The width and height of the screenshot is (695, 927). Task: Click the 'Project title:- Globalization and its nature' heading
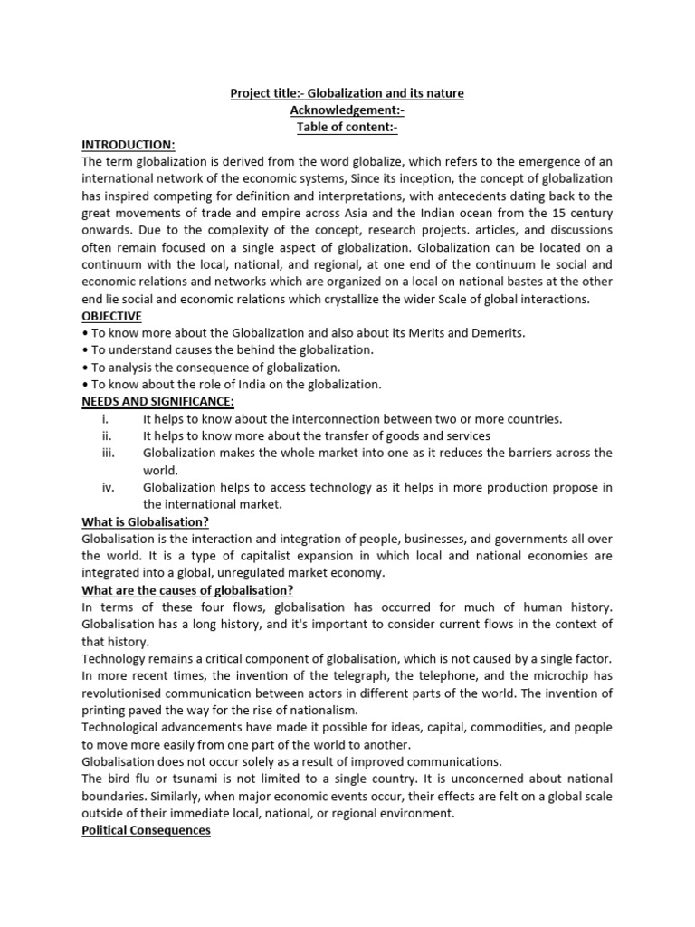[347, 94]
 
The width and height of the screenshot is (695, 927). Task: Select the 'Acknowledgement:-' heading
[347, 110]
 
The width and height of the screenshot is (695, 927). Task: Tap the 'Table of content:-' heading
[347, 128]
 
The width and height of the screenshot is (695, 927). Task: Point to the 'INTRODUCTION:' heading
[129, 145]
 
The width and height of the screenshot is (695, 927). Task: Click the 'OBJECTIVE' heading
[112, 316]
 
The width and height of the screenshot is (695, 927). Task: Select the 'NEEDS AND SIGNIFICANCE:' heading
[158, 401]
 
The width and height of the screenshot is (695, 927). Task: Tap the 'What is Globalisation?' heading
[146, 521]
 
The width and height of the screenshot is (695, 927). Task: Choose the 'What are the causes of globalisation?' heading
[187, 590]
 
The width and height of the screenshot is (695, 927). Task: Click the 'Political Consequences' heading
[146, 829]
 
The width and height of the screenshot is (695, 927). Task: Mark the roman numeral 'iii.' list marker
[108, 453]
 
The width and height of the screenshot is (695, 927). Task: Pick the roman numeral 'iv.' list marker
[108, 487]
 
